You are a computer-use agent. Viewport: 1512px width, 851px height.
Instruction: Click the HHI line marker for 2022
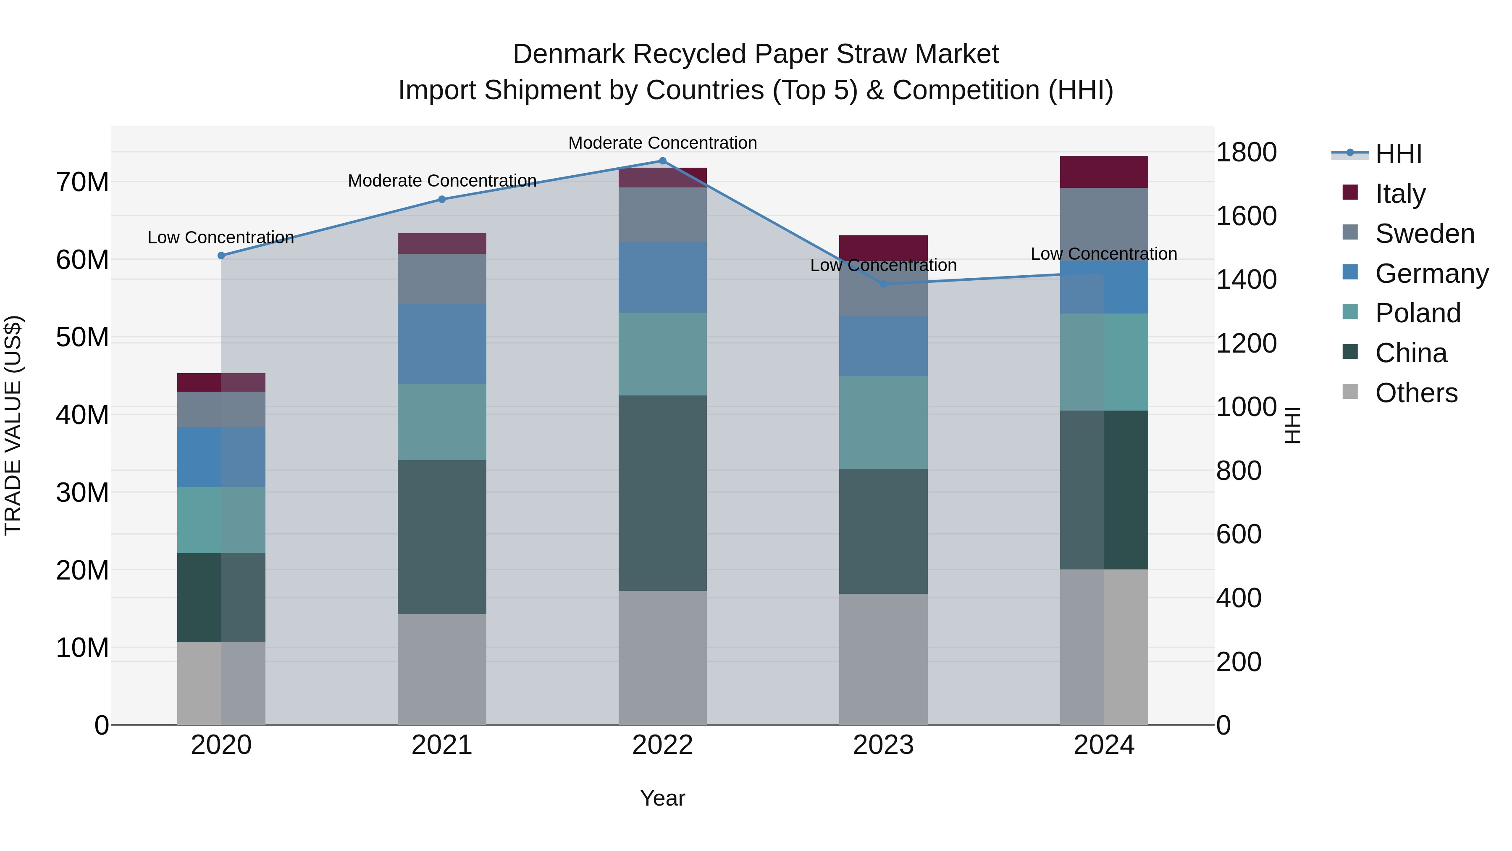tap(663, 161)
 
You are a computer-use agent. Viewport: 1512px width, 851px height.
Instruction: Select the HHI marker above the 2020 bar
tap(221, 256)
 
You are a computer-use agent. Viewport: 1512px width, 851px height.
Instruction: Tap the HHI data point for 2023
tap(883, 284)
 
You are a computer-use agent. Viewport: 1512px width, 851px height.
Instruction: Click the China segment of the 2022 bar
tap(663, 493)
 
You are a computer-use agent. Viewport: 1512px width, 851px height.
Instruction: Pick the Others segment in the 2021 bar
tap(442, 669)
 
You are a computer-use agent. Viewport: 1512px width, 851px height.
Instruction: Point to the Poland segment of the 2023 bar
tap(883, 423)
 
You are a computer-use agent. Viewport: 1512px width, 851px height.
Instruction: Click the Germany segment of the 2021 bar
tap(442, 344)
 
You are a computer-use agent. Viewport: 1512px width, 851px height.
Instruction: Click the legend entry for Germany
tap(1431, 274)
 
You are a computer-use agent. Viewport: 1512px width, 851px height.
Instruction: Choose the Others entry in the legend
tap(1416, 393)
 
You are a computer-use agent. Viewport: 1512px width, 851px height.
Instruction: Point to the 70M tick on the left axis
tap(82, 182)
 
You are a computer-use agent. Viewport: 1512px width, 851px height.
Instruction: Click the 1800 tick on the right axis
tap(1246, 153)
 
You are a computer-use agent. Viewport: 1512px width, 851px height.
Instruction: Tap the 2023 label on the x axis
tap(883, 745)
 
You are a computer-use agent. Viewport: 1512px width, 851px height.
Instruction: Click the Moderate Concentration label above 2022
tap(663, 143)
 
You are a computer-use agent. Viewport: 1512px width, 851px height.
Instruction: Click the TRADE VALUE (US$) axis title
tap(13, 425)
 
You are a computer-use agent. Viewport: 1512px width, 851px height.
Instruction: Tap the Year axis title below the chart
tap(663, 798)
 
